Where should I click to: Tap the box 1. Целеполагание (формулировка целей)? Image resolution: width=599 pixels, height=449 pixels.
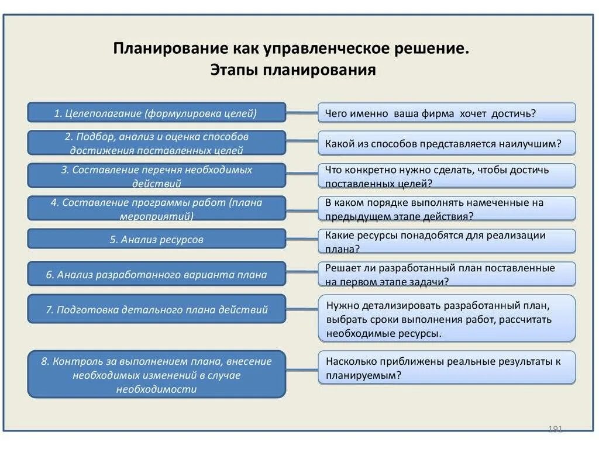pyautogui.click(x=156, y=113)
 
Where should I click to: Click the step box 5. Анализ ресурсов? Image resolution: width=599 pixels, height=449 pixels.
pyautogui.click(x=156, y=239)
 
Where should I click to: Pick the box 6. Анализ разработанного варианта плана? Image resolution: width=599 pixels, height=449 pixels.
pyautogui.click(x=156, y=274)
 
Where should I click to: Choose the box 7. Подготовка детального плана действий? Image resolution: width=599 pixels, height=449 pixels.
pyautogui.click(x=156, y=309)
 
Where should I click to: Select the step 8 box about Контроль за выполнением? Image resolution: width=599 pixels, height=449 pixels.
pyautogui.click(x=156, y=375)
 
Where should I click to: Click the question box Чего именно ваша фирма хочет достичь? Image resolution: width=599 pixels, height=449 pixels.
pyautogui.click(x=446, y=113)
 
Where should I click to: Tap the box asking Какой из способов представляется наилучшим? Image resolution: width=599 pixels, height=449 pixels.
pyautogui.click(x=446, y=143)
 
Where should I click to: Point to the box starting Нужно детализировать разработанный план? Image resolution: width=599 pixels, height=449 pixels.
pyautogui.click(x=446, y=319)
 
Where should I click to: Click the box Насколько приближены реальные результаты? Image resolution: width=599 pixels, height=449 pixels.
pyautogui.click(x=446, y=368)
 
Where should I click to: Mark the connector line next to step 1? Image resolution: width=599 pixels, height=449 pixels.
pyautogui.click(x=302, y=112)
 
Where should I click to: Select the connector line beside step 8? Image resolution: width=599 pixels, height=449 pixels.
pyautogui.click(x=302, y=369)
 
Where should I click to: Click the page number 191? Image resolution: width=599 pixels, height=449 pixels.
pyautogui.click(x=555, y=429)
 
